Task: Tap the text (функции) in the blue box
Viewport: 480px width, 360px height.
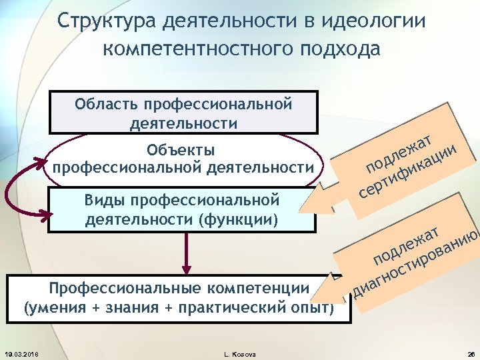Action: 241,218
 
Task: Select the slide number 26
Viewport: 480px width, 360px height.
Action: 469,353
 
